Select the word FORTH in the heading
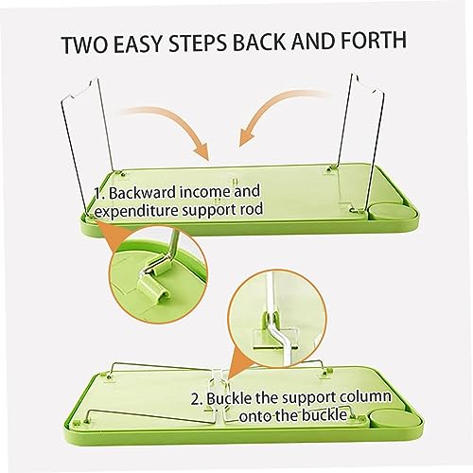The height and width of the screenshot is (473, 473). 371,40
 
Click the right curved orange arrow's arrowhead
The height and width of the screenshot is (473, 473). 245,136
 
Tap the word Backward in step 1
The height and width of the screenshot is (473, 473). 145,193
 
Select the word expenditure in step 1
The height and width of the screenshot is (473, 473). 136,212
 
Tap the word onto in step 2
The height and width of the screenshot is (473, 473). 254,416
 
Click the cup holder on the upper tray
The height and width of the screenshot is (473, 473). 392,212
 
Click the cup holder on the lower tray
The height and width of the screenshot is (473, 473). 396,419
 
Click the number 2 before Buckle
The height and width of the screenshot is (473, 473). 196,400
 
